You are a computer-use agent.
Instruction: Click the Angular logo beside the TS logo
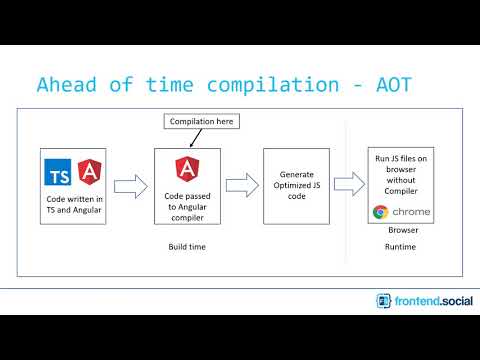click(x=86, y=175)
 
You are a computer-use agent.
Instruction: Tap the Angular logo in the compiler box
click(x=184, y=168)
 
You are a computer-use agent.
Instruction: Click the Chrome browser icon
click(x=380, y=211)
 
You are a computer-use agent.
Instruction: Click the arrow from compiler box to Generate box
click(x=239, y=185)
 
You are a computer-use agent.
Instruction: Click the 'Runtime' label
click(x=400, y=246)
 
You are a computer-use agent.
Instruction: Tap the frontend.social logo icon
click(x=384, y=300)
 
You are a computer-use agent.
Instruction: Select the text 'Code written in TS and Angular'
click(x=73, y=205)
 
